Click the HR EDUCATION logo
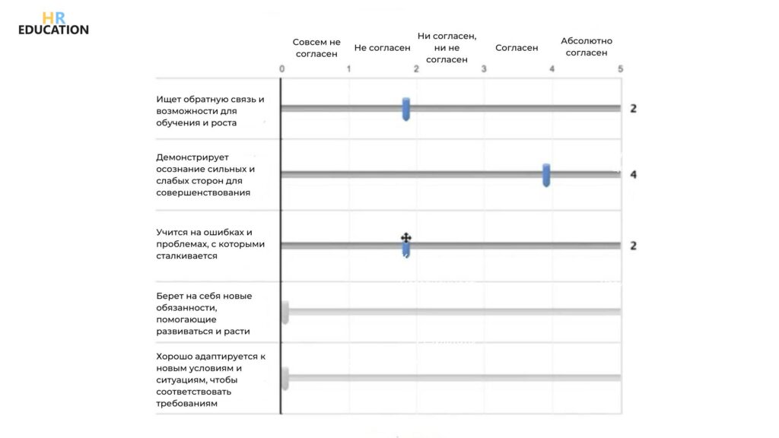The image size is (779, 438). point(53,23)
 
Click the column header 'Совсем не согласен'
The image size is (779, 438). point(316,47)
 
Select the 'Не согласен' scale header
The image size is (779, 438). point(382,48)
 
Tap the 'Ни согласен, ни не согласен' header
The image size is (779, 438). point(447,47)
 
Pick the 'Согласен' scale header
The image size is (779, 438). point(517,48)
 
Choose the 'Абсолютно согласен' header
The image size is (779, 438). point(586,47)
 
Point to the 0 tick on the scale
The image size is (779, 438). point(281,69)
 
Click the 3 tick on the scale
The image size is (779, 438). point(485,69)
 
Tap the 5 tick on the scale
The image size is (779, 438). point(620,69)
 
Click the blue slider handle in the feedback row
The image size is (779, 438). point(406,109)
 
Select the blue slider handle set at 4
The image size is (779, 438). point(546,175)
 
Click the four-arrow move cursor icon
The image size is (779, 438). point(406,239)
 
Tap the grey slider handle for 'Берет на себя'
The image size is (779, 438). point(285,312)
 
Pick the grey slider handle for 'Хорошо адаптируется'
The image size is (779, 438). point(285,378)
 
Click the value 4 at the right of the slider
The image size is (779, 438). point(634,175)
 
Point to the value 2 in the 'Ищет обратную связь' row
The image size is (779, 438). point(634,109)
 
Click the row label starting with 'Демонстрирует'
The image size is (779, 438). point(205,176)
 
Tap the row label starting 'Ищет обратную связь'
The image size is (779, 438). point(210,110)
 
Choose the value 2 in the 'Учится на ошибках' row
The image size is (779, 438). point(634,246)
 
